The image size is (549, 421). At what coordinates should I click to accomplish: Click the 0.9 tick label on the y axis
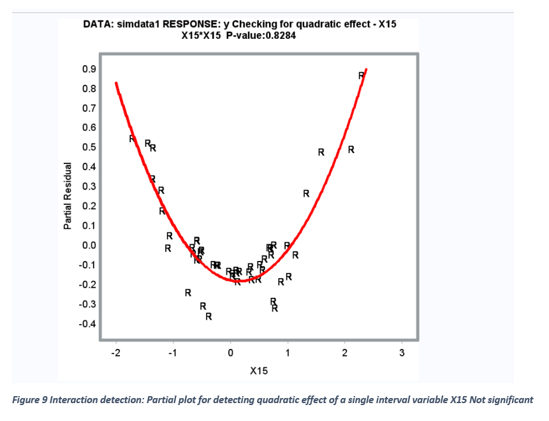pyautogui.click(x=88, y=69)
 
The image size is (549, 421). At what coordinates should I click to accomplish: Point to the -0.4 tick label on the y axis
pyautogui.click(x=87, y=324)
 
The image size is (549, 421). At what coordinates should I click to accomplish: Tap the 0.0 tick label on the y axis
pyautogui.click(x=88, y=246)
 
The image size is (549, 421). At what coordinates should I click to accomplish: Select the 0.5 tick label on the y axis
pyautogui.click(x=88, y=147)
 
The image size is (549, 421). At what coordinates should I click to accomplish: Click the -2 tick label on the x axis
pyautogui.click(x=115, y=353)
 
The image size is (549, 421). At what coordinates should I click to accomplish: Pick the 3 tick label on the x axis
pyautogui.click(x=402, y=353)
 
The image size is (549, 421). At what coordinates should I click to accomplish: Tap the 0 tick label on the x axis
pyautogui.click(x=230, y=353)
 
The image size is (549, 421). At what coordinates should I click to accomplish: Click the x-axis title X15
pyautogui.click(x=258, y=371)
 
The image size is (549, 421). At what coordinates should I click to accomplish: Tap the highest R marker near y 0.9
pyautogui.click(x=362, y=76)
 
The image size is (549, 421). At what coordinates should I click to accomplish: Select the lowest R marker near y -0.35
pyautogui.click(x=208, y=316)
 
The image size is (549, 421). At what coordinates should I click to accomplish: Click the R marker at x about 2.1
pyautogui.click(x=351, y=150)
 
